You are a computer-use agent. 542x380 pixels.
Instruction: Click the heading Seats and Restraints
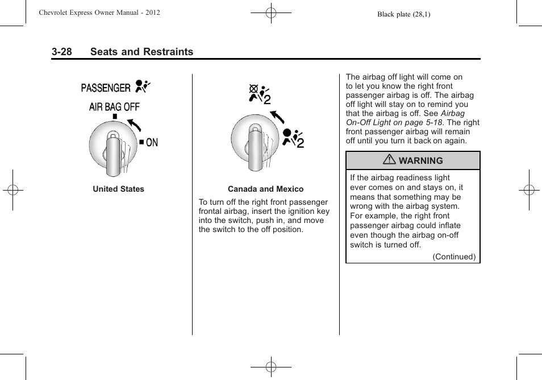pyautogui.click(x=141, y=52)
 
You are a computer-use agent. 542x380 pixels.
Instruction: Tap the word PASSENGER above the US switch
pyautogui.click(x=106, y=88)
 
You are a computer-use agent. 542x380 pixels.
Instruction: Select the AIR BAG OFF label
pyautogui.click(x=114, y=106)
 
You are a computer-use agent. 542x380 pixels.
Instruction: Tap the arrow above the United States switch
pyautogui.click(x=134, y=123)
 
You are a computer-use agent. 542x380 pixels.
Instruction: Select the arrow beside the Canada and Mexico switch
pyautogui.click(x=277, y=117)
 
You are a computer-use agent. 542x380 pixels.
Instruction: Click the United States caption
pyautogui.click(x=118, y=189)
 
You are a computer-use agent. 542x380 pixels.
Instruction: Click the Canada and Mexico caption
pyautogui.click(x=265, y=189)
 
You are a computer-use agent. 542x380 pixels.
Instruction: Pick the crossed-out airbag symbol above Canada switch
pyautogui.click(x=259, y=94)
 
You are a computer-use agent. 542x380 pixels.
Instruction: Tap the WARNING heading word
pyautogui.click(x=420, y=161)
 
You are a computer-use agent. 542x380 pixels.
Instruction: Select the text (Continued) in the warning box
pyautogui.click(x=454, y=257)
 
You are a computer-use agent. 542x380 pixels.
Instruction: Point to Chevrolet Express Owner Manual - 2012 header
pyautogui.click(x=99, y=13)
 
